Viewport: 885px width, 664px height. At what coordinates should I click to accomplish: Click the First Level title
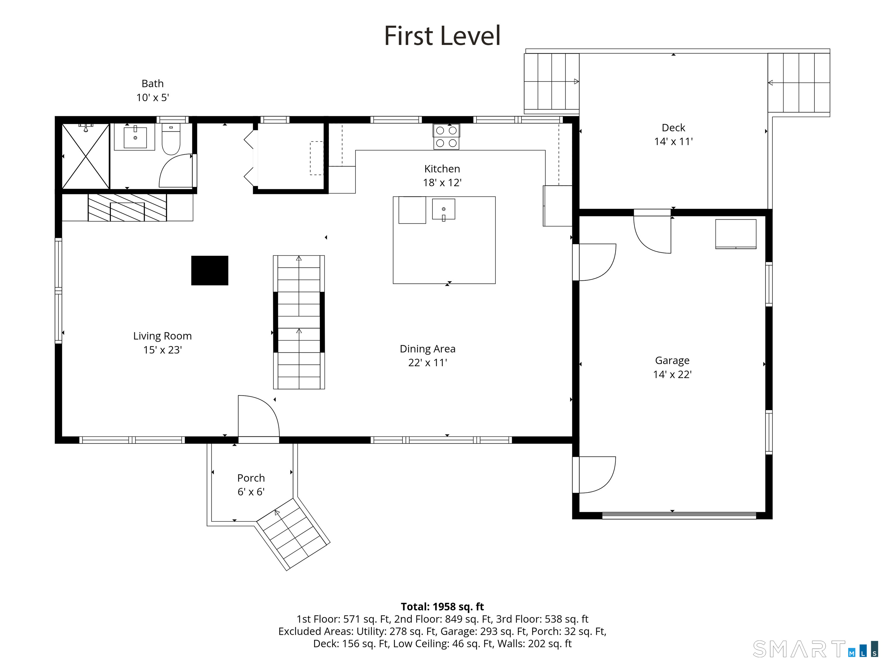point(442,36)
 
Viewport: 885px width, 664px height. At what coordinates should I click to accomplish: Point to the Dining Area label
point(427,349)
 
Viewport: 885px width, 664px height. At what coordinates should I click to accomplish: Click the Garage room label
point(672,361)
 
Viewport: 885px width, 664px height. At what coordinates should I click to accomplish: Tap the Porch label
point(251,478)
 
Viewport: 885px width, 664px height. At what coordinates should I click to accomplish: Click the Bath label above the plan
point(152,84)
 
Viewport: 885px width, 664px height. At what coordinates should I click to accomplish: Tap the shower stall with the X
point(86,156)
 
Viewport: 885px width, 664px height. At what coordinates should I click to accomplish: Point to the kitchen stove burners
point(446,137)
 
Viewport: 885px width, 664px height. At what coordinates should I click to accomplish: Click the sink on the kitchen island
point(443,209)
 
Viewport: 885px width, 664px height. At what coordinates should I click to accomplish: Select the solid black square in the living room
point(210,271)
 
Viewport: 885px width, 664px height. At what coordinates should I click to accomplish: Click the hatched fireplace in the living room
point(127,207)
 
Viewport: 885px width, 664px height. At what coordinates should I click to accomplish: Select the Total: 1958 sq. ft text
point(442,607)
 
